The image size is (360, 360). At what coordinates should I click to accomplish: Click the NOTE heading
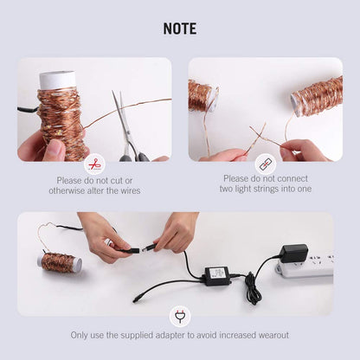pyautogui.click(x=180, y=29)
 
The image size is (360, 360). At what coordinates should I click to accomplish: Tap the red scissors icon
pyautogui.click(x=94, y=164)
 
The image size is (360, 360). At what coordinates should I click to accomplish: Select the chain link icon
pyautogui.click(x=266, y=164)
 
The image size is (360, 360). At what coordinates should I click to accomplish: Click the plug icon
pyautogui.click(x=180, y=317)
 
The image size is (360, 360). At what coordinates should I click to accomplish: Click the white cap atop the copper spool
pyautogui.click(x=57, y=80)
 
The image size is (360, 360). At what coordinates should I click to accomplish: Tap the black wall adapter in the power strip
pyautogui.click(x=294, y=254)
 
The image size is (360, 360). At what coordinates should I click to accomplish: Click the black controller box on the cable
pyautogui.click(x=217, y=276)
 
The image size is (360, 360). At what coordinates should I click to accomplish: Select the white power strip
pyautogui.click(x=305, y=266)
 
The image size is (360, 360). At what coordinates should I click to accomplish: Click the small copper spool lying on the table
pyautogui.click(x=60, y=262)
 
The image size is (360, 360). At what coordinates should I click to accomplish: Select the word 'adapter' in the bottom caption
pyautogui.click(x=170, y=336)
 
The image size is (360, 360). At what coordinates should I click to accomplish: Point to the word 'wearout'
pyautogui.click(x=273, y=335)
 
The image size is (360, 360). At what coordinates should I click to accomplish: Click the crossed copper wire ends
pyautogui.click(x=259, y=133)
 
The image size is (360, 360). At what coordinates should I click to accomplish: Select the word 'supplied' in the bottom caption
pyautogui.click(x=137, y=336)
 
